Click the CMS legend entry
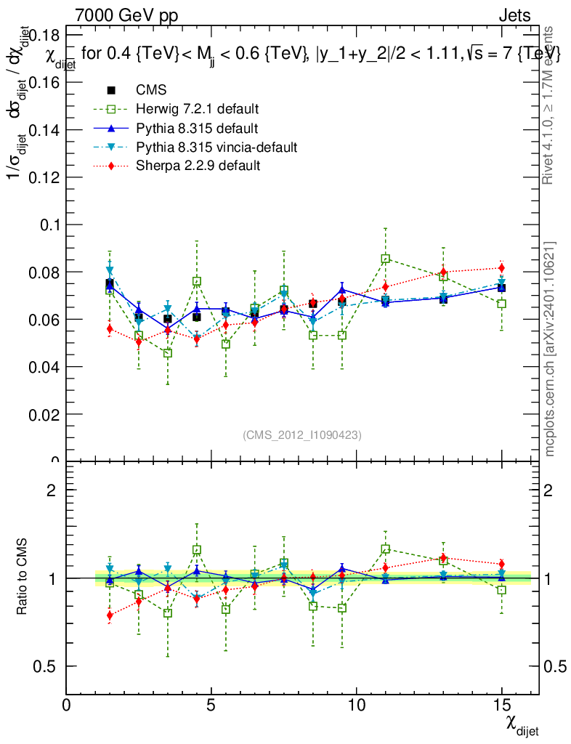[x=151, y=91]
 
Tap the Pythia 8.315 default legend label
[x=197, y=129]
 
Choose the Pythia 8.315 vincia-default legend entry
[x=216, y=147]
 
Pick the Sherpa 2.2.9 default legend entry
[x=198, y=166]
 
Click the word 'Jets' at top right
[x=514, y=15]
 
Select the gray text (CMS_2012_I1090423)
[x=302, y=434]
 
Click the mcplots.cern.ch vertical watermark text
[x=551, y=349]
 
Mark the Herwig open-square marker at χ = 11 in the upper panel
[x=386, y=259]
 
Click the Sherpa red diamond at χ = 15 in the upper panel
[x=501, y=268]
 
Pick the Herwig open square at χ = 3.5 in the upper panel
[x=168, y=353]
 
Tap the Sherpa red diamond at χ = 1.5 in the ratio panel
[x=110, y=615]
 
